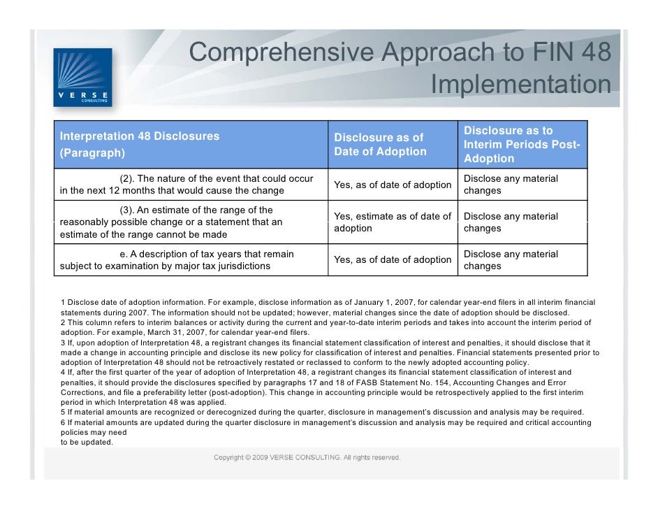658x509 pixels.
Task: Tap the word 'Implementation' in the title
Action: pos(520,85)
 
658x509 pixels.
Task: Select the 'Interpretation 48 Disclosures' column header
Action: pos(140,143)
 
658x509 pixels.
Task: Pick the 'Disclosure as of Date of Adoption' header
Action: pos(380,144)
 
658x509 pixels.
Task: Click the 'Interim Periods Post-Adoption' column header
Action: pos(522,144)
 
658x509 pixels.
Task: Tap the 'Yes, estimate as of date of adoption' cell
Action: pos(393,222)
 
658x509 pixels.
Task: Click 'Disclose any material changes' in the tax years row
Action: pos(511,260)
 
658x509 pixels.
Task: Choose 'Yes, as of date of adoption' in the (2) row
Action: pos(393,185)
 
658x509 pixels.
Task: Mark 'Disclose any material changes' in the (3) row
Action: pos(511,222)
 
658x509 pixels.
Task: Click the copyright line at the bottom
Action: pos(307,458)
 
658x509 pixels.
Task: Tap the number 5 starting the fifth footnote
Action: pos(63,412)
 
